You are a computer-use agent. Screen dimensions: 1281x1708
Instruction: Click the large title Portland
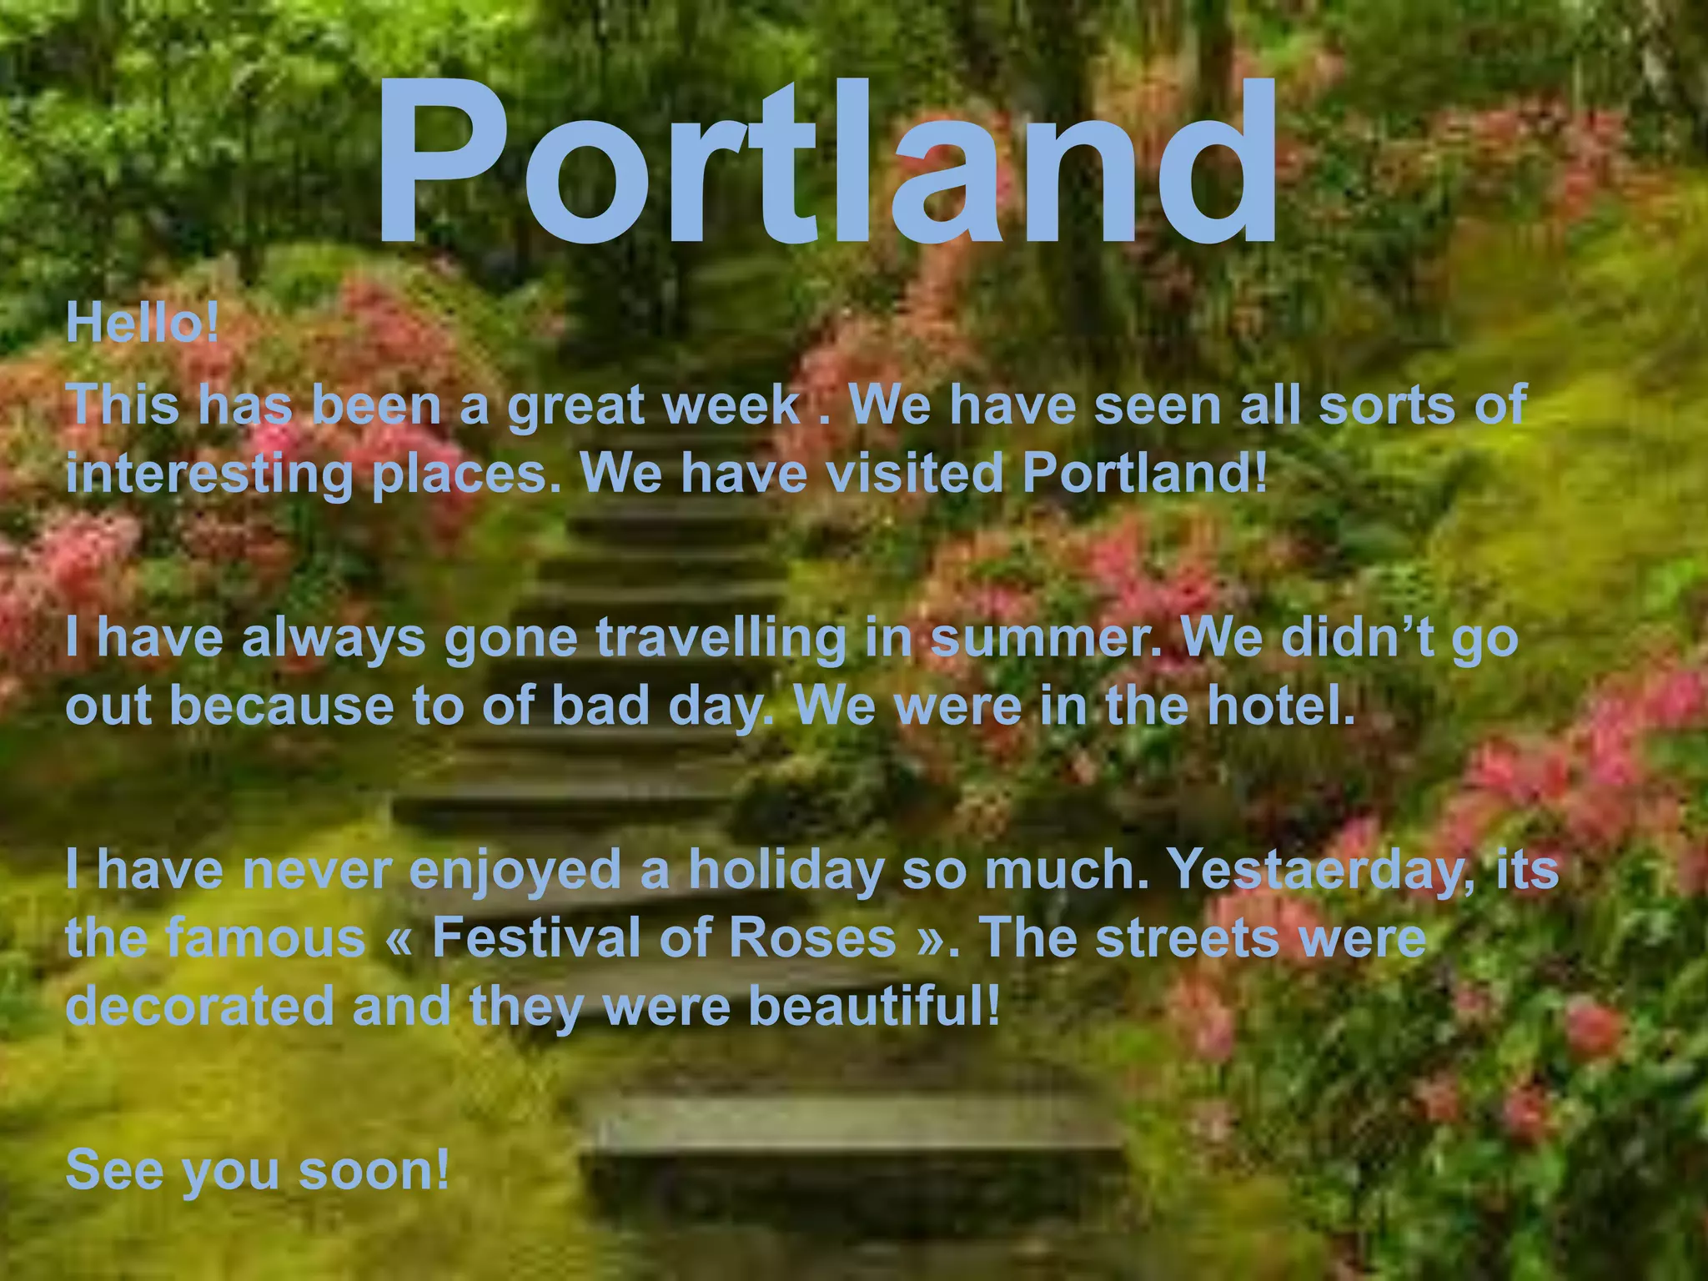click(x=826, y=163)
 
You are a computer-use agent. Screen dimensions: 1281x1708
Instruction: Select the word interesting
click(x=209, y=474)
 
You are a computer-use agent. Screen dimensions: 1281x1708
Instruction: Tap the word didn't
click(x=1356, y=638)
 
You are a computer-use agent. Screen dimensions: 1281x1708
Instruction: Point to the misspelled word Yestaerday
click(x=1319, y=870)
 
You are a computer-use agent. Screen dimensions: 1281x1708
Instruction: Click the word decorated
click(x=200, y=1005)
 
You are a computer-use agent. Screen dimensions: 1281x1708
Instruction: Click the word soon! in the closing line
click(x=374, y=1169)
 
